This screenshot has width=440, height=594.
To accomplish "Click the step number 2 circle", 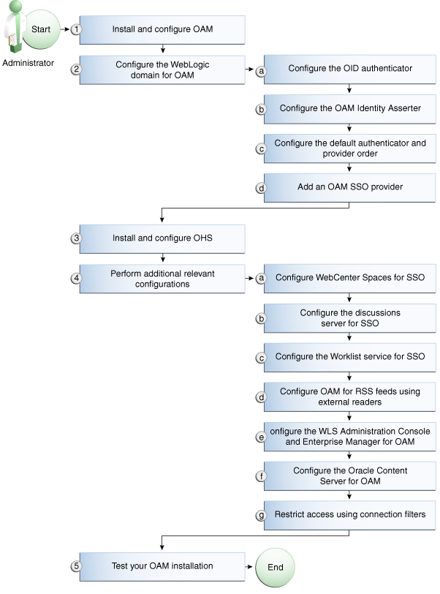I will point(75,69).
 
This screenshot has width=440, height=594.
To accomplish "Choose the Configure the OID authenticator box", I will point(350,69).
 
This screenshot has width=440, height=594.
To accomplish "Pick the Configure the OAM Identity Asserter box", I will point(350,108).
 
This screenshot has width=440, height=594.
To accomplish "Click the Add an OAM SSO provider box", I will point(350,187).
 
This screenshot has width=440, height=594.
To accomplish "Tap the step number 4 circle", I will point(75,277).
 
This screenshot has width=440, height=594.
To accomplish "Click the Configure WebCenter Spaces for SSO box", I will point(350,277).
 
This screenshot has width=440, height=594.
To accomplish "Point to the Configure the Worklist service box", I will point(350,357).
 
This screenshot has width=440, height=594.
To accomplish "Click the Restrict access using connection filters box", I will point(350,514).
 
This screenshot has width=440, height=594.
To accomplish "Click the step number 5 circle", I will point(75,566).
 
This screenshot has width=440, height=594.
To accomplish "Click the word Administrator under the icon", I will point(28,63).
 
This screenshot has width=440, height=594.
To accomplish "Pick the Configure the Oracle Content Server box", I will point(350,475).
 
